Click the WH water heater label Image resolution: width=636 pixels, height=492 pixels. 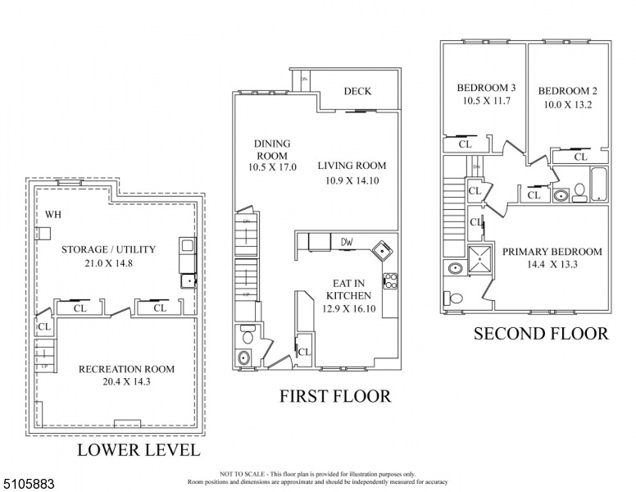click(53, 215)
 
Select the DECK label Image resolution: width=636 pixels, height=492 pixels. click(357, 91)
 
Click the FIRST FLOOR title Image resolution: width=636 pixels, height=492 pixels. click(335, 397)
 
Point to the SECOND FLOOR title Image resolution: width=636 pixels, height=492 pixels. click(541, 334)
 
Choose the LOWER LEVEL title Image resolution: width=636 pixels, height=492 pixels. click(138, 450)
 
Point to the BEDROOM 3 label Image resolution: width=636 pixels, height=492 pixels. click(486, 88)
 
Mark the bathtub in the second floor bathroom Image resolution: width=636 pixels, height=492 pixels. click(599, 185)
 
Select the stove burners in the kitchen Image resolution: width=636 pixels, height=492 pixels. click(389, 280)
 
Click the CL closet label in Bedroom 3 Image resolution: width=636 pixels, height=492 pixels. click(465, 144)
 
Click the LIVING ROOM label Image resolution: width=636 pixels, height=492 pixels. click(351, 166)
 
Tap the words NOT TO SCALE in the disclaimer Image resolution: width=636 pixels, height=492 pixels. click(240, 474)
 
